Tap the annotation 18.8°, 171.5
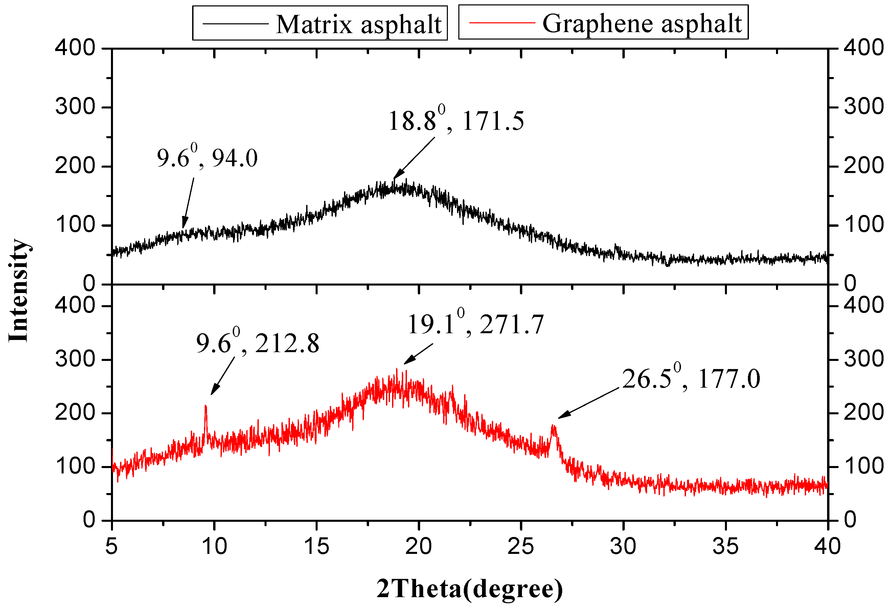(x=456, y=121)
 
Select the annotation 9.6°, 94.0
(x=207, y=158)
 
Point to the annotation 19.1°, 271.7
(x=475, y=324)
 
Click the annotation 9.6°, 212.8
(x=257, y=343)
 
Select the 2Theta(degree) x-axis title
(x=470, y=589)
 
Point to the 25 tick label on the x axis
(x=521, y=547)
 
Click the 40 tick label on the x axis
(x=827, y=547)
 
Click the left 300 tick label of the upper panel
(x=75, y=106)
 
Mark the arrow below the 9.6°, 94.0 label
(x=188, y=203)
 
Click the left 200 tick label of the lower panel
(x=75, y=413)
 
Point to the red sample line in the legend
(x=502, y=23)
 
